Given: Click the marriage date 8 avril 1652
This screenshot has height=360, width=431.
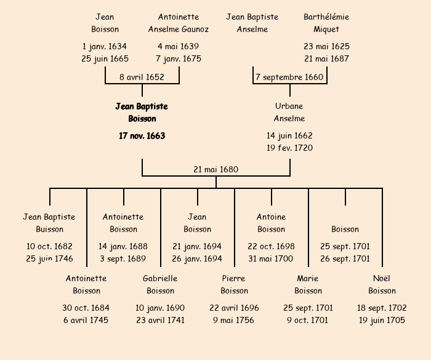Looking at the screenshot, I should point(142,78).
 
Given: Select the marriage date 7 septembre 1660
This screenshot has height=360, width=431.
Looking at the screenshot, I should point(289,78).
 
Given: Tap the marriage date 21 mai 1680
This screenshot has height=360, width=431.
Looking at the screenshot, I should point(216,170).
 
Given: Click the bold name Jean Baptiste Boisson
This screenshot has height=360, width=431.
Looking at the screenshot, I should point(142,113).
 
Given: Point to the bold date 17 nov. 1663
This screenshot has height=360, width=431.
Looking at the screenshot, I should point(142,136).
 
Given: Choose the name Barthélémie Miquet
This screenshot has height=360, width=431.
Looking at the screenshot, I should point(326,23).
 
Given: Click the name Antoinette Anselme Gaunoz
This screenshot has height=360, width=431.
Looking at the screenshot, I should point(179,23).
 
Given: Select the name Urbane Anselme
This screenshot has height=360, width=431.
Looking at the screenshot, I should point(289,113).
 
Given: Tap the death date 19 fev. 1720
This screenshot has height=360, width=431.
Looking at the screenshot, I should point(289,148).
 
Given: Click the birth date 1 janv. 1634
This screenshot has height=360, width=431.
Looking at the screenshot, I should point(105,47).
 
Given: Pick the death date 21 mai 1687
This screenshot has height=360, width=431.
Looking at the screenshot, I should point(326,59).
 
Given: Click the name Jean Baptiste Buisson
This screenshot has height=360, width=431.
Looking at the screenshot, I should point(49,223).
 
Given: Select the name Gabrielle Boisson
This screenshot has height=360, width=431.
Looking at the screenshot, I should point(160,284).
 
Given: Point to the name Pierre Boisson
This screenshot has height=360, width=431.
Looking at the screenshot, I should point(234,284).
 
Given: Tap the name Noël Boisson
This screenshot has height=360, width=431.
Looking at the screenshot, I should point(382,284).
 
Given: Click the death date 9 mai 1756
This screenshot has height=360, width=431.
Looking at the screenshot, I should point(234,320).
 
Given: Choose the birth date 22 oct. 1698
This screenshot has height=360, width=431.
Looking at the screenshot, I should point(271,246).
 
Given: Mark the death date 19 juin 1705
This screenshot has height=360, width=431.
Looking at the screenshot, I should point(382,320).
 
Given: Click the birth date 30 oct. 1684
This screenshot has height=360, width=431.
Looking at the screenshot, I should point(86,308).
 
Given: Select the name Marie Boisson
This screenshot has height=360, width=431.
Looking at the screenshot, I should point(308,284).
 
